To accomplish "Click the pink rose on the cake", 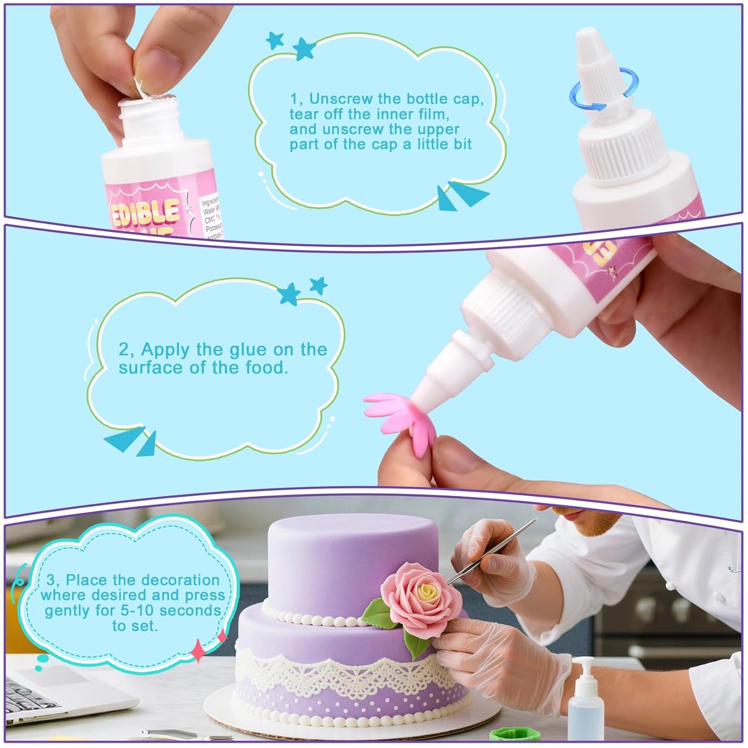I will point(421,600).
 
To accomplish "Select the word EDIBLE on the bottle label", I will point(145,213).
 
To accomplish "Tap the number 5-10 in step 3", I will point(138,611).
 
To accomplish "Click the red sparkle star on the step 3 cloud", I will point(198,650).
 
